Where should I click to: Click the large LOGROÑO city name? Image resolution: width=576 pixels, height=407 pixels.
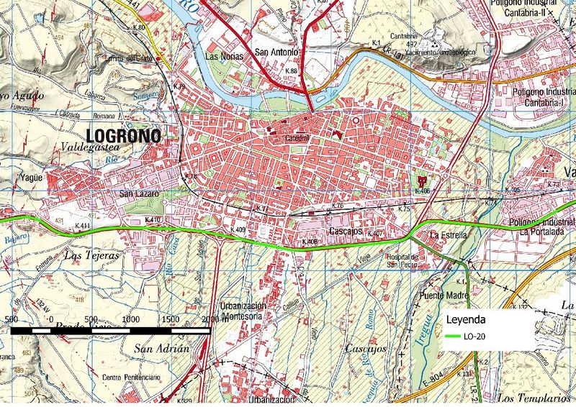(125, 135)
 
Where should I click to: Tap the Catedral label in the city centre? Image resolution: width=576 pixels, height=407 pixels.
(297, 137)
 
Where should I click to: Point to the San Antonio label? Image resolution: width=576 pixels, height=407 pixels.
(277, 53)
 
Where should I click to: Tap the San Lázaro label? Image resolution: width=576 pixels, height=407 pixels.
(138, 193)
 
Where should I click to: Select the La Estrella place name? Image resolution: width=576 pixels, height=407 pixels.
(449, 235)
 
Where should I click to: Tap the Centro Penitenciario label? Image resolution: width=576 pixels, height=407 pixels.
(131, 378)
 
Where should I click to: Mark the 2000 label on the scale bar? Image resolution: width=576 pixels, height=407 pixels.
(210, 319)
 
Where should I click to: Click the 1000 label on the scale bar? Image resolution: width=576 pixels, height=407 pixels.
(131, 319)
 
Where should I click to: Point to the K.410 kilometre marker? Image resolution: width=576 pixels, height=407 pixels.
(152, 219)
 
